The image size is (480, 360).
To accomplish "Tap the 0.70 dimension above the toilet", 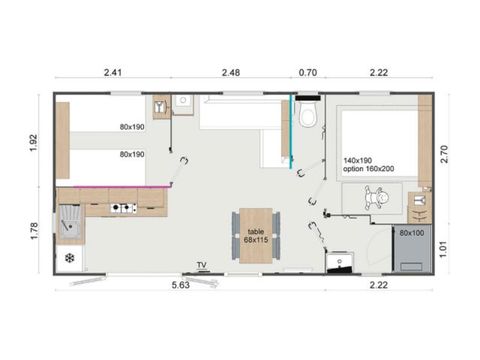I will coord(307,72).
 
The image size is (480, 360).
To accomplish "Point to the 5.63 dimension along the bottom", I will coord(182,285).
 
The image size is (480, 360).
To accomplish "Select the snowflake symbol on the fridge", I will coord(70,259).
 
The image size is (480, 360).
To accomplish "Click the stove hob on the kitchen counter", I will coord(123,208).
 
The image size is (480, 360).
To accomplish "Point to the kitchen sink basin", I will coord(72,221).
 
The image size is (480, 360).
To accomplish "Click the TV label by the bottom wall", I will coord(201,265).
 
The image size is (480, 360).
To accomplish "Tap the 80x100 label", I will coord(411,232).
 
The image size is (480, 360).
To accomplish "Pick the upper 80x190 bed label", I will coord(131,127).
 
